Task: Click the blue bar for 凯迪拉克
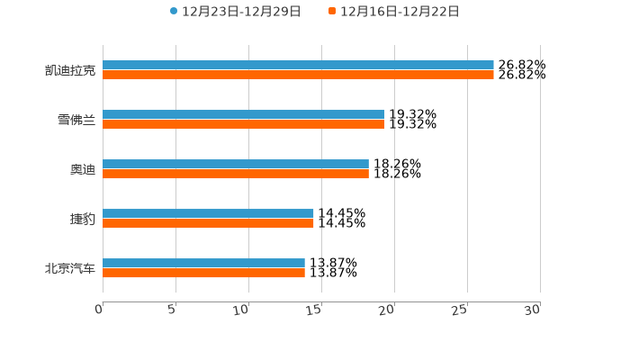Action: (x=298, y=65)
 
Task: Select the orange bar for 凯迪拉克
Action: (x=298, y=75)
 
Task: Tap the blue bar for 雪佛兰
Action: (x=243, y=114)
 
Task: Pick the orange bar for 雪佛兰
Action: (x=243, y=124)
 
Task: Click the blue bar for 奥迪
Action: (x=236, y=164)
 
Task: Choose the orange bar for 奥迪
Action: (x=236, y=174)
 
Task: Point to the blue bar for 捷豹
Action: (x=208, y=213)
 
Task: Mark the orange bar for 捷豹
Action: (x=208, y=223)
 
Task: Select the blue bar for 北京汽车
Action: (x=203, y=263)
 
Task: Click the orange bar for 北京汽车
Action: (x=203, y=273)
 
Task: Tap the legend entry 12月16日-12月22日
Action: (x=400, y=12)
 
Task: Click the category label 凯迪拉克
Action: (x=70, y=70)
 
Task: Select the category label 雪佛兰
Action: (x=76, y=120)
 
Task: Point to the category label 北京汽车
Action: (x=70, y=268)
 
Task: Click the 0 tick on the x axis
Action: (x=100, y=310)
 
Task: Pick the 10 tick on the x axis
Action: (x=241, y=310)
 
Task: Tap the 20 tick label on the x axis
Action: (x=386, y=310)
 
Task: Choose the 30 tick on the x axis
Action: (x=532, y=310)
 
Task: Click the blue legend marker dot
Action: (x=174, y=12)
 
